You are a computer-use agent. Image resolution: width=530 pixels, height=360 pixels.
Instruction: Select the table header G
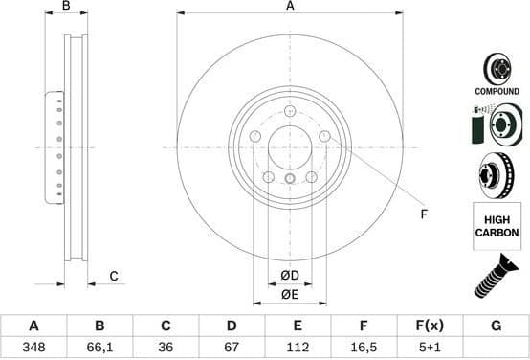pyautogui.click(x=496, y=326)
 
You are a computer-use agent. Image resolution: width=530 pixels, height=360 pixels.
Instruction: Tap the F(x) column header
pyautogui.click(x=430, y=326)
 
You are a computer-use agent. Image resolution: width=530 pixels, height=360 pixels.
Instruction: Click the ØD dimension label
pyautogui.click(x=290, y=277)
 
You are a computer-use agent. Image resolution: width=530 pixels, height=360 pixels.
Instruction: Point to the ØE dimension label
pyautogui.click(x=290, y=295)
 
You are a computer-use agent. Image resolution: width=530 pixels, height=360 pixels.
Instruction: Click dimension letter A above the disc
pyautogui.click(x=290, y=7)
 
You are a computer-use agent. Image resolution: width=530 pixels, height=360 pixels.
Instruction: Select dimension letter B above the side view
pyautogui.click(x=66, y=7)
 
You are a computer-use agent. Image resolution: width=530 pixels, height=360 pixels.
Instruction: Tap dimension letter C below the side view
pyautogui.click(x=113, y=277)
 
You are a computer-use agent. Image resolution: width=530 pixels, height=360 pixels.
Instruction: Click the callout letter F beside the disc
pyautogui.click(x=422, y=214)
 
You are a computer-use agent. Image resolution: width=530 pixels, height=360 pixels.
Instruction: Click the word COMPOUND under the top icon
pyautogui.click(x=497, y=91)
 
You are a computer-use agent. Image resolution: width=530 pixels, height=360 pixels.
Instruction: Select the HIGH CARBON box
pyautogui.click(x=497, y=226)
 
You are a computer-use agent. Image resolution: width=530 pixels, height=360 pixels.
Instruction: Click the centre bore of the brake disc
pyautogui.click(x=290, y=147)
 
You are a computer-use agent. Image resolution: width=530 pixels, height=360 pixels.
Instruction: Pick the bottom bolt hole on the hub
pyautogui.click(x=290, y=178)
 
